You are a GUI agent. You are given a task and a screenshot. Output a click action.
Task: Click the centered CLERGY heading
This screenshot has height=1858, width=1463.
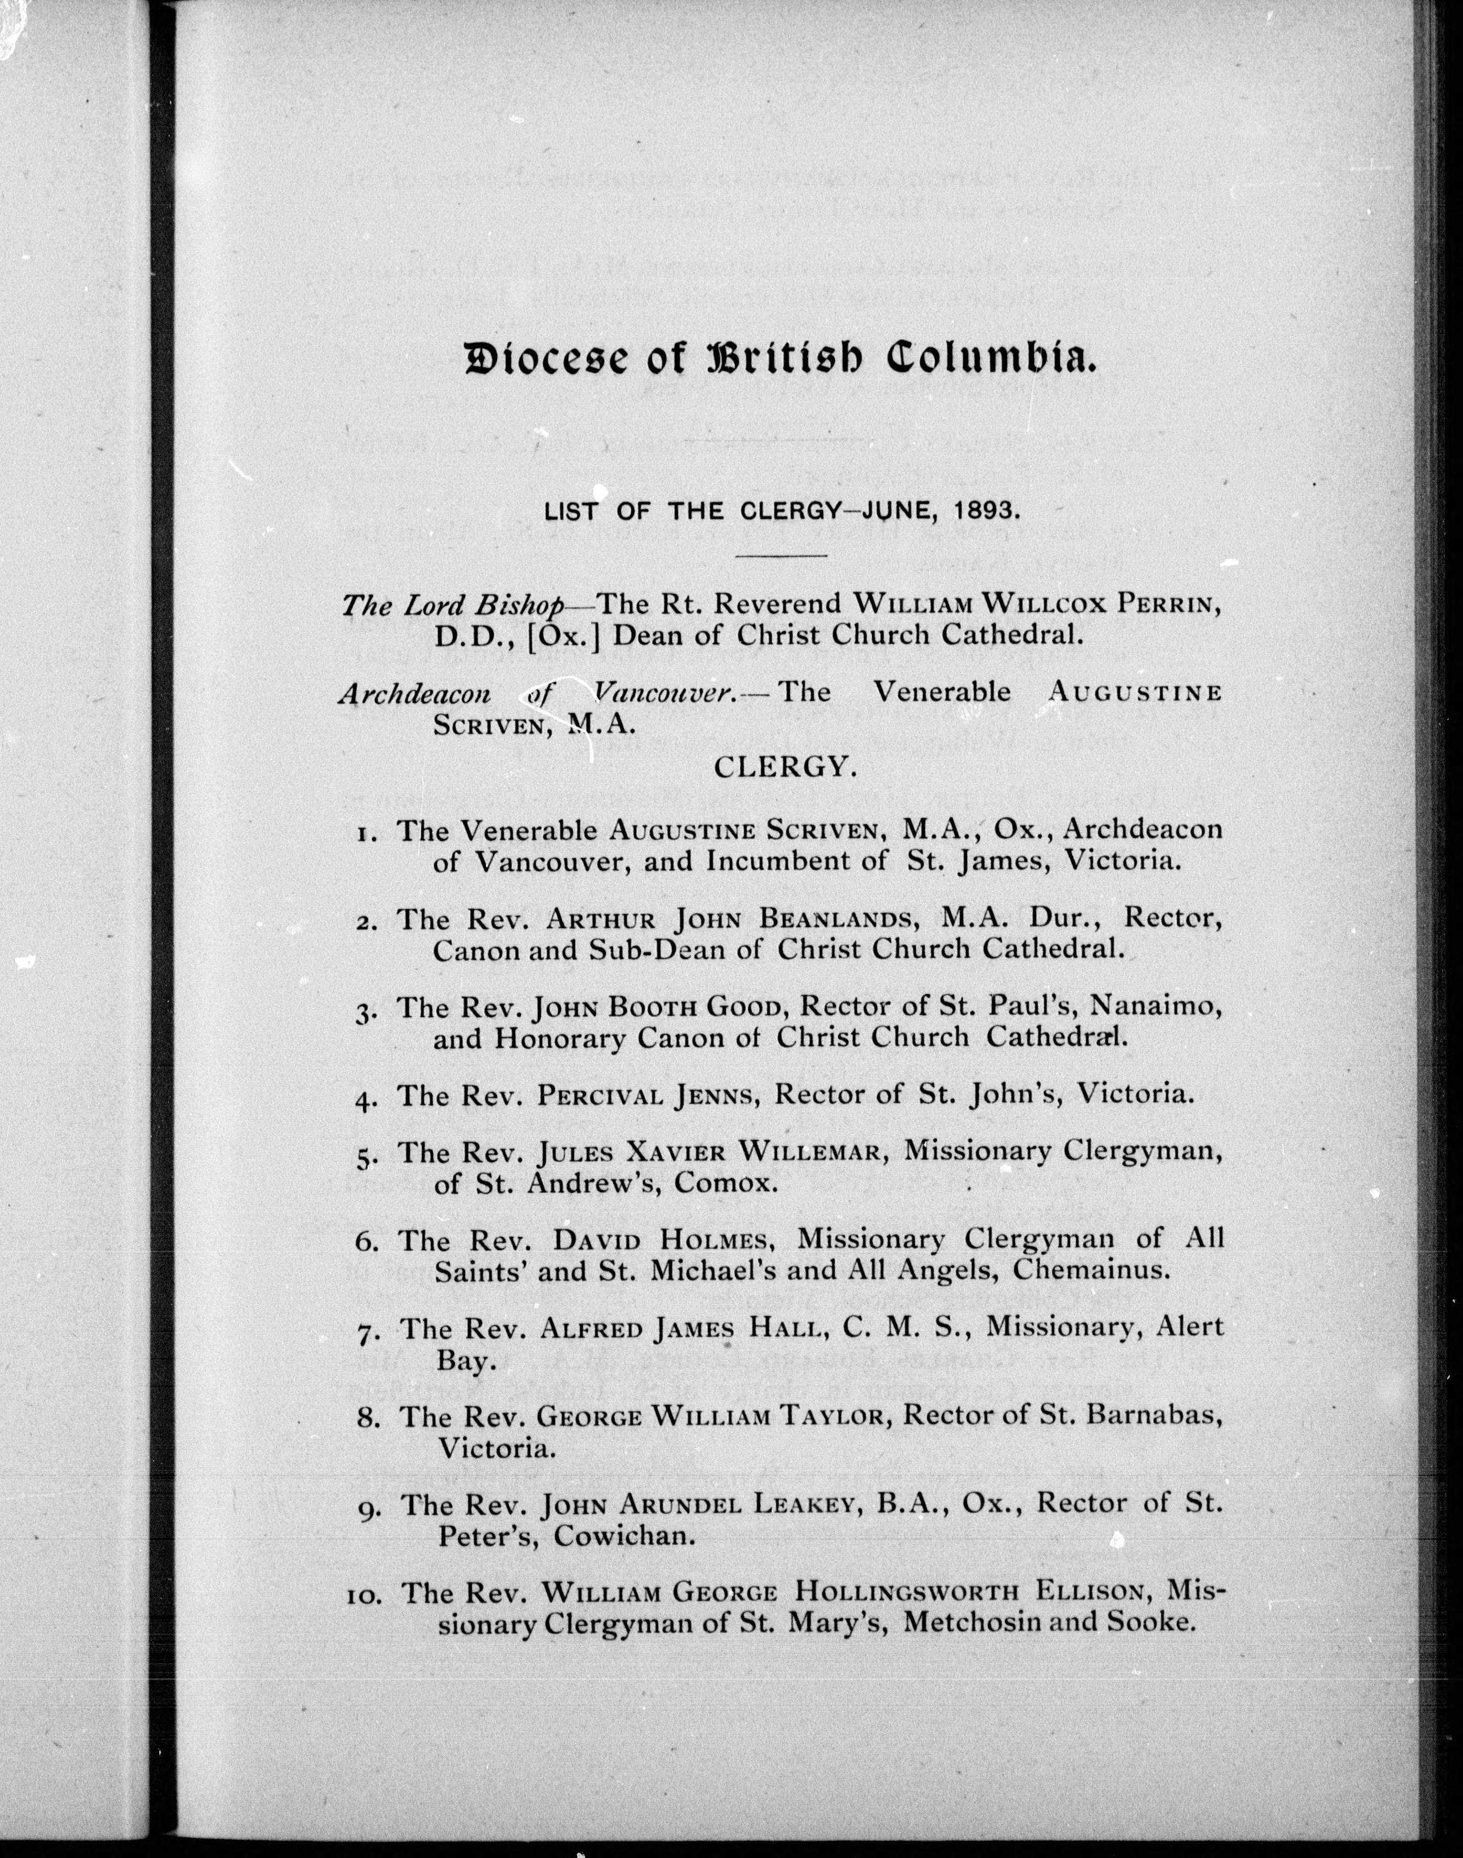pos(786,767)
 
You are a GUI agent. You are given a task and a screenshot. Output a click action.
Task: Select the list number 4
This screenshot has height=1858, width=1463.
pos(366,1099)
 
